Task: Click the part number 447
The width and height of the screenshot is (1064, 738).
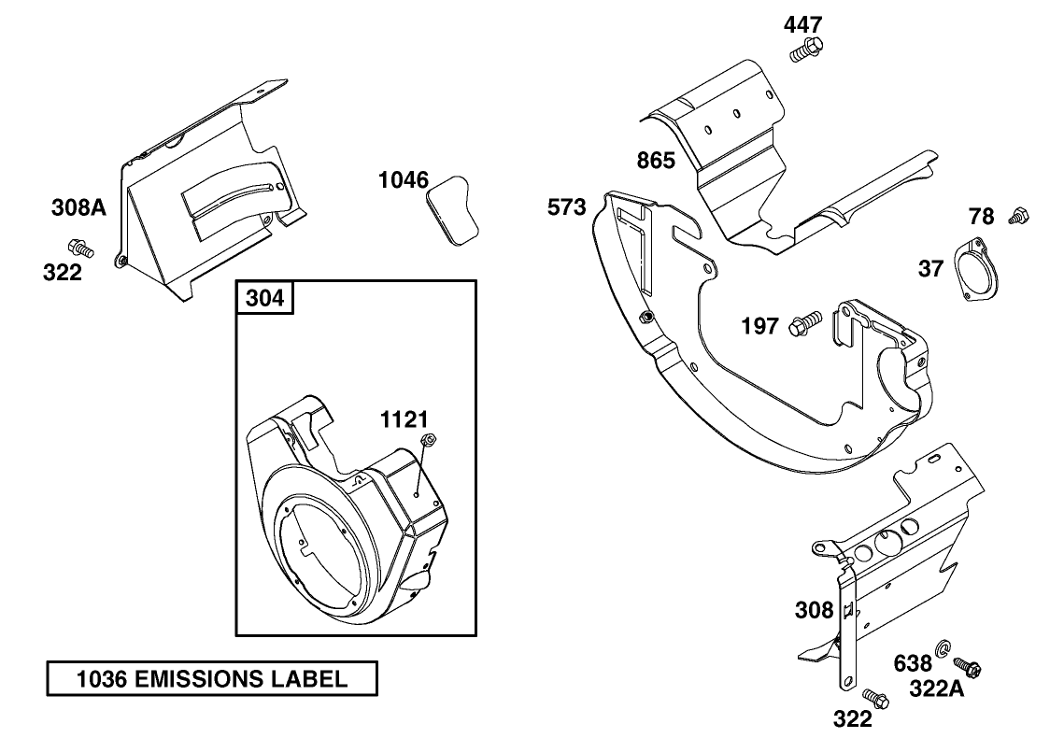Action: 804,24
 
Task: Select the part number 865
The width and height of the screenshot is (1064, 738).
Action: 656,160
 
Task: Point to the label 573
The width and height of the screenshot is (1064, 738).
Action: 567,206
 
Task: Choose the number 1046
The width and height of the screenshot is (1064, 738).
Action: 404,179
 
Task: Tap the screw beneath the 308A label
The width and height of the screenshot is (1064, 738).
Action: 80,248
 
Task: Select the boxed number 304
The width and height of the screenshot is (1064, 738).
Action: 264,299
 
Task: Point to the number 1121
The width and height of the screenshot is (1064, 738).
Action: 404,419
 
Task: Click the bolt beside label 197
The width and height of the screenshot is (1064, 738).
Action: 804,324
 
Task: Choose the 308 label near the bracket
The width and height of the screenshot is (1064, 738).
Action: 814,610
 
